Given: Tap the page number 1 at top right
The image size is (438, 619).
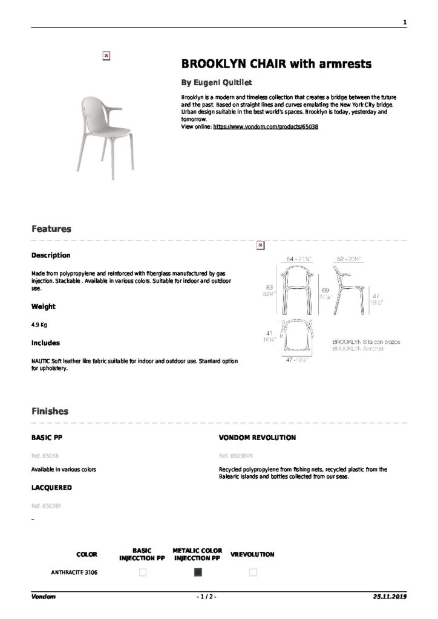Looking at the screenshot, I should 404,22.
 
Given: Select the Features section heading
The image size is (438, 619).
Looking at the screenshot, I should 51,229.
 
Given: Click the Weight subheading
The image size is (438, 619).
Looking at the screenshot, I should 44,306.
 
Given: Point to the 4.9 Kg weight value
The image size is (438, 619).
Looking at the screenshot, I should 39,325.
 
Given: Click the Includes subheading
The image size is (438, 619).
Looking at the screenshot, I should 45,343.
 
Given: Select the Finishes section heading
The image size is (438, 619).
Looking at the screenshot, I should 50,411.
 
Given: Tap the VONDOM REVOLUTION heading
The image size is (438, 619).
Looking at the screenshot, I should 257,437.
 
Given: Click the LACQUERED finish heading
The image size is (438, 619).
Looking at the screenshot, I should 51,487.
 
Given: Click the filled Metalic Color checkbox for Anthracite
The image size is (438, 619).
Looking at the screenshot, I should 198,572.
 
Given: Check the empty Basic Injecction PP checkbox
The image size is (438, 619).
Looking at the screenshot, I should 143,572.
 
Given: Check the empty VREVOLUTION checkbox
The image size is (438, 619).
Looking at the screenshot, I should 253,572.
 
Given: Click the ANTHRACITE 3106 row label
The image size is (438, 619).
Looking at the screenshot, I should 74,572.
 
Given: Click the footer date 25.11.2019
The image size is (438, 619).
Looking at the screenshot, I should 390,597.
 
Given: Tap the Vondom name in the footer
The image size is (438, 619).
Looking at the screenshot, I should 44,597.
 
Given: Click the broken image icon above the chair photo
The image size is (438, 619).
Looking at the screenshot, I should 106,55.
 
